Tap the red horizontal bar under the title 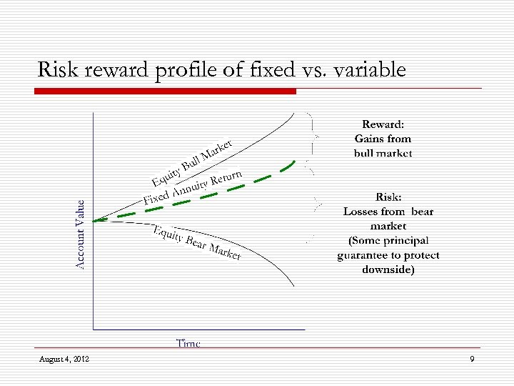pyautogui.click(x=165, y=91)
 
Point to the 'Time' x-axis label pyautogui.click(x=188, y=343)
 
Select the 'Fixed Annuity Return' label pyautogui.click(x=193, y=187)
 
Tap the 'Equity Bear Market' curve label pyautogui.click(x=197, y=242)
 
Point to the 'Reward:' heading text pyautogui.click(x=383, y=124)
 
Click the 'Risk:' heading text pyautogui.click(x=388, y=197)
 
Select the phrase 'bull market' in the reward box pyautogui.click(x=383, y=153)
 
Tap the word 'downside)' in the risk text pyautogui.click(x=388, y=269)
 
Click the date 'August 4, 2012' pyautogui.click(x=64, y=358)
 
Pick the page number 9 pyautogui.click(x=472, y=358)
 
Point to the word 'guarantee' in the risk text pyautogui.click(x=366, y=255)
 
